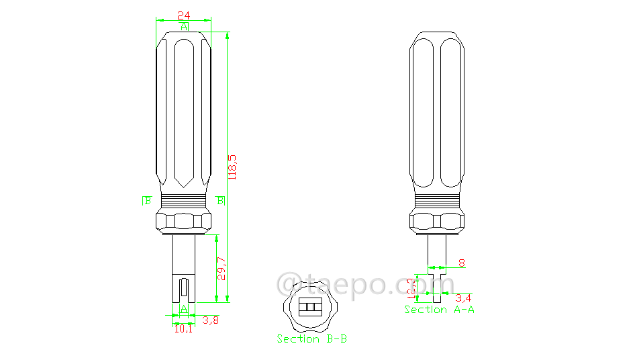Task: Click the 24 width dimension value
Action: tap(183, 14)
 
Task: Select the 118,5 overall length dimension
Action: tap(233, 167)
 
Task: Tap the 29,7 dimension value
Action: tap(222, 269)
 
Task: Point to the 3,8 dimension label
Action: tap(211, 320)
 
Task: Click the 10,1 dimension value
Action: tap(183, 329)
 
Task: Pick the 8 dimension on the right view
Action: tap(461, 263)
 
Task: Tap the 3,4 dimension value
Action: tap(463, 297)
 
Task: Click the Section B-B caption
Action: tap(311, 339)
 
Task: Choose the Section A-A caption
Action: tap(439, 310)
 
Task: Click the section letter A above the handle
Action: tap(184, 26)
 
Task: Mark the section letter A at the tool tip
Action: tap(183, 309)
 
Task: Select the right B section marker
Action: tap(221, 200)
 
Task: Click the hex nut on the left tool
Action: tap(183, 221)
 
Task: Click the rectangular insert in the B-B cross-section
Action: tap(311, 308)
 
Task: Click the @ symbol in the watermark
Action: tap(289, 284)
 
